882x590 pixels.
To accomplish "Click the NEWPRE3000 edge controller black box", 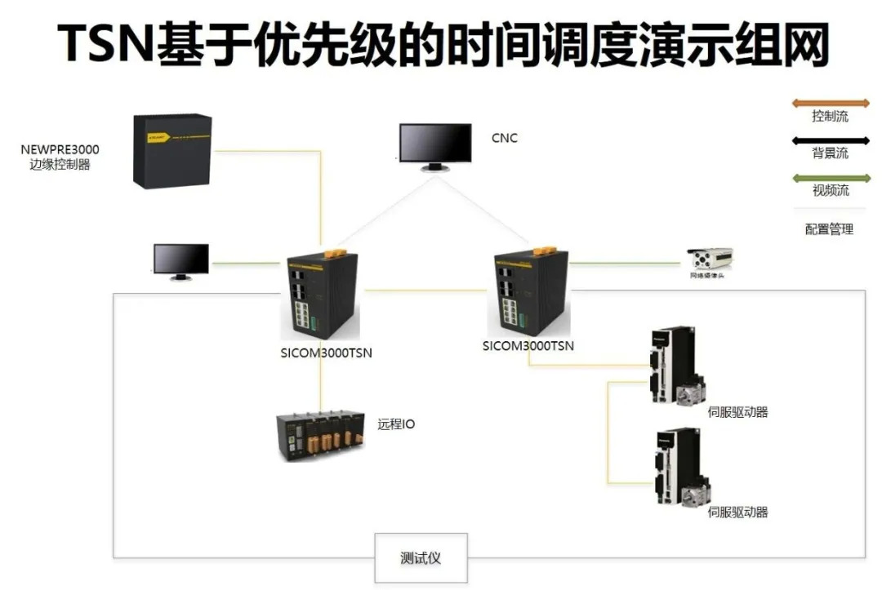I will click(172, 150).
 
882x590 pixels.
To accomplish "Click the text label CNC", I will click(504, 138).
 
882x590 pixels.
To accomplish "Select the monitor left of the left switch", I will click(180, 261).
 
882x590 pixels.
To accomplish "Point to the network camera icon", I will click(710, 260).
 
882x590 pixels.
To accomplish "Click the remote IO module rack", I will click(320, 436).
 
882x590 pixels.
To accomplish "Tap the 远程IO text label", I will click(395, 424).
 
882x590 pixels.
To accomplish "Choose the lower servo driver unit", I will click(679, 467).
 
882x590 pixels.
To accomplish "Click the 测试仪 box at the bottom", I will click(421, 558).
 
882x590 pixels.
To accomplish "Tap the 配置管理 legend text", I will click(829, 229).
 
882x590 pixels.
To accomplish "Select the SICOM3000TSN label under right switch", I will click(528, 345).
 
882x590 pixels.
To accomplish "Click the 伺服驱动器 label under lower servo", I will click(737, 512).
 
